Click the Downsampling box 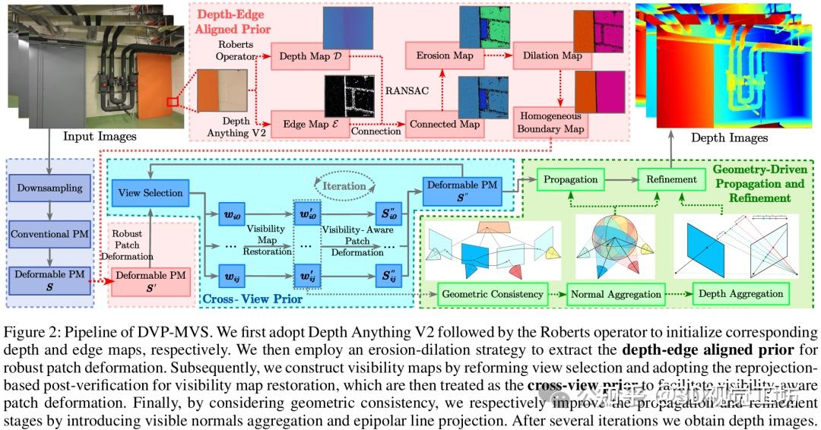coord(49,187)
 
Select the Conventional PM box coord(49,234)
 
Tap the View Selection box coord(151,193)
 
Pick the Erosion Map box coord(445,56)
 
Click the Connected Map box coord(445,124)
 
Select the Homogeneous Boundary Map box coord(551,123)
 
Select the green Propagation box coord(569,180)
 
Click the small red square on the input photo coord(173,101)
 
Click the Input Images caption coord(100,137)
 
